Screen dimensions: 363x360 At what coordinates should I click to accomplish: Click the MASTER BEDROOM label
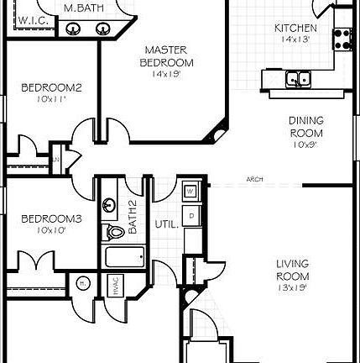[x=168, y=56]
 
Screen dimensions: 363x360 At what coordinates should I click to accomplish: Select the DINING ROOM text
[x=305, y=126]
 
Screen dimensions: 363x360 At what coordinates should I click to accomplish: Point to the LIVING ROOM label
[x=292, y=271]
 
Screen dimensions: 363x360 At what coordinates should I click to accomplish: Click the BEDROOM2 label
[x=50, y=87]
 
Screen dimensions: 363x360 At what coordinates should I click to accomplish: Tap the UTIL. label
[x=165, y=224]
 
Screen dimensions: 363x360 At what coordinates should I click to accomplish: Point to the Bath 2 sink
[x=110, y=205]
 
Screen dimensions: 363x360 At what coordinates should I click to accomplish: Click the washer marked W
[x=190, y=192]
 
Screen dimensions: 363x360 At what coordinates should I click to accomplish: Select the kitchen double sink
[x=297, y=80]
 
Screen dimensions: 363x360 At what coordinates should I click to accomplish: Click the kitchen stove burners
[x=342, y=38]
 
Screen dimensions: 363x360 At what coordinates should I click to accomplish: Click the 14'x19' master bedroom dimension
[x=166, y=74]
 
